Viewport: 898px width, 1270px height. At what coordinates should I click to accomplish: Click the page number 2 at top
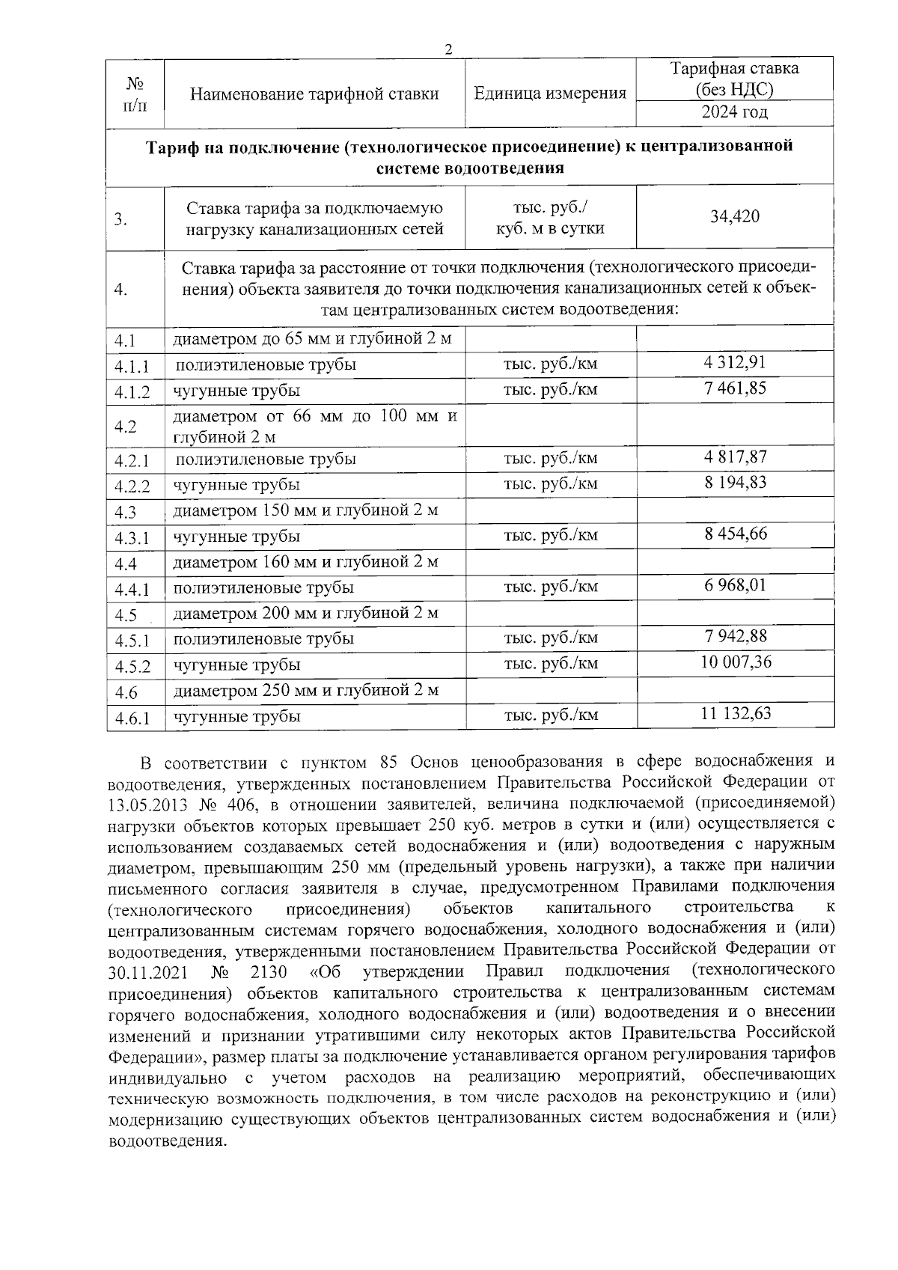tap(448, 49)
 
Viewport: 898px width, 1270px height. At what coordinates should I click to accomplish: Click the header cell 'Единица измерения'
tap(550, 94)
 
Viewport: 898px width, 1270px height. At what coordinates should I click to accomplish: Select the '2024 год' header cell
tap(734, 113)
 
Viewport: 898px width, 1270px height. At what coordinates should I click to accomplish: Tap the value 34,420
tap(734, 217)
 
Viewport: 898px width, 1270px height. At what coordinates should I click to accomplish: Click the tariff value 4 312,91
tap(734, 363)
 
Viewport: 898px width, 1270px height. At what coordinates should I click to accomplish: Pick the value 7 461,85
tap(734, 388)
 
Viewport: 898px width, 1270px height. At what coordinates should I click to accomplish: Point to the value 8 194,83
tap(734, 483)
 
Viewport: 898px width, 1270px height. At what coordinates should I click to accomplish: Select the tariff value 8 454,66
tap(734, 534)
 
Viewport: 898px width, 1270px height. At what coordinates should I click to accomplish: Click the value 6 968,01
tap(734, 585)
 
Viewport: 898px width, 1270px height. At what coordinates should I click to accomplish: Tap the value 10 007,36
tap(736, 662)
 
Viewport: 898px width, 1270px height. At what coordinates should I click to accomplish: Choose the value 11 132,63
tap(736, 714)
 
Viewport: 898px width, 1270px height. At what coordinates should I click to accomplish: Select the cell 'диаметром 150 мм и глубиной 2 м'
tap(305, 511)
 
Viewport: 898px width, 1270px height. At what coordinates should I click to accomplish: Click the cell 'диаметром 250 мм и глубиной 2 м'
tap(305, 690)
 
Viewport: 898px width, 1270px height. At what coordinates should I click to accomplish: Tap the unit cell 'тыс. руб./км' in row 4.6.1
tap(551, 715)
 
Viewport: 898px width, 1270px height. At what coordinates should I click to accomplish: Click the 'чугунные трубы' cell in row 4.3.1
tap(236, 537)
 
